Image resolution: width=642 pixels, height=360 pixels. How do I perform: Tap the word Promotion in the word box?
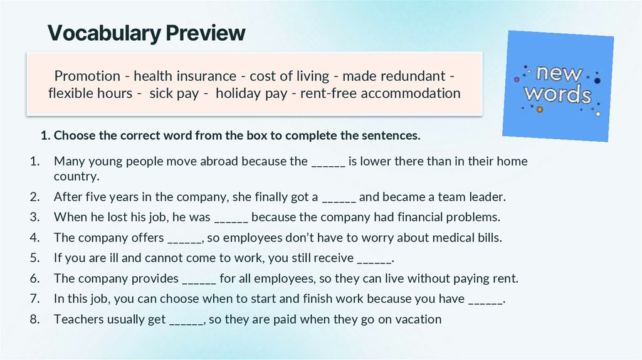point(87,76)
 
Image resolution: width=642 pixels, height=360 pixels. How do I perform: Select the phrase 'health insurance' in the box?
point(185,76)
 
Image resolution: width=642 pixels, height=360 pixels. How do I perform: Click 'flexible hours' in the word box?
point(90,93)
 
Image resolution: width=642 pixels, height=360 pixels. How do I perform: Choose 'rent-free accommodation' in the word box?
point(381,93)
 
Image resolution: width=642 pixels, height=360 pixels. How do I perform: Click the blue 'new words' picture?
point(558,86)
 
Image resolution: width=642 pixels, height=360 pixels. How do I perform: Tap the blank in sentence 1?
point(328,162)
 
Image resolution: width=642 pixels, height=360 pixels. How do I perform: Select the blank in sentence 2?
point(339,198)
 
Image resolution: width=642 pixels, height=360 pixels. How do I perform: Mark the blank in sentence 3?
point(231,218)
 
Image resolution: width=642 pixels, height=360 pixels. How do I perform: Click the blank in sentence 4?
point(184,238)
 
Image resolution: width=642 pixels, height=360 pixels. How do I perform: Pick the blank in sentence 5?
point(374,258)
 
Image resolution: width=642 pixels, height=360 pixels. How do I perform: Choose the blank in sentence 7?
point(485,299)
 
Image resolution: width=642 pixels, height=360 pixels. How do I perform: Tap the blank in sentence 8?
point(186,320)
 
